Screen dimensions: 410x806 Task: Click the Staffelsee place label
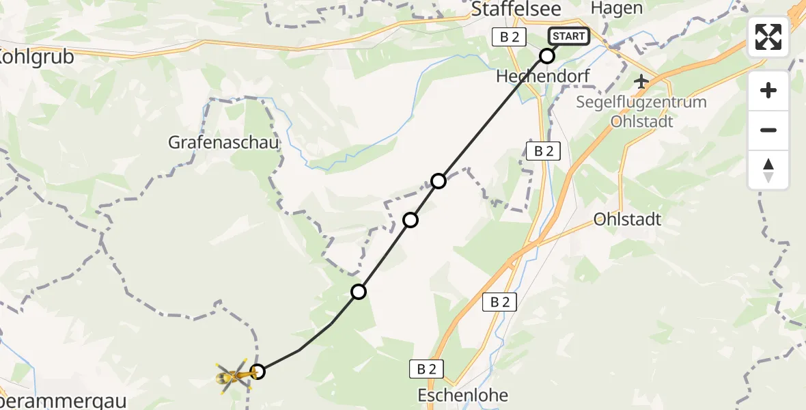click(x=517, y=8)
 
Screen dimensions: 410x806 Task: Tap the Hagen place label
click(x=607, y=8)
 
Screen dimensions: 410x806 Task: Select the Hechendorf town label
click(x=543, y=77)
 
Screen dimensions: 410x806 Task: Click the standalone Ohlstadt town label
click(x=628, y=219)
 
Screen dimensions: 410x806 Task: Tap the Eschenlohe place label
click(x=464, y=395)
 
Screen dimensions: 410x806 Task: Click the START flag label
click(x=568, y=36)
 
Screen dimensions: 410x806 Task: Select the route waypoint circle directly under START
click(x=547, y=56)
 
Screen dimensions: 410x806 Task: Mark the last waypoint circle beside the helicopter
click(x=258, y=372)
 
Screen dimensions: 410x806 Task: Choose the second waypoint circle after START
click(x=439, y=181)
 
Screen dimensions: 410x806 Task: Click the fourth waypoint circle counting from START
click(x=359, y=292)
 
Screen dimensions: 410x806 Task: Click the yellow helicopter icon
click(x=233, y=375)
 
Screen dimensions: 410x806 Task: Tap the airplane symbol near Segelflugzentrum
click(x=641, y=82)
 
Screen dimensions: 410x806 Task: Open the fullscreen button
click(x=768, y=37)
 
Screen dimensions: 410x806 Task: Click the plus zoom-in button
click(x=768, y=91)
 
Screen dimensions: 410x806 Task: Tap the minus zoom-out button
click(x=768, y=130)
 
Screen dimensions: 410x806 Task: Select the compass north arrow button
click(x=768, y=169)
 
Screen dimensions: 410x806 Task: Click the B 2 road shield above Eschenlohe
click(x=427, y=369)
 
